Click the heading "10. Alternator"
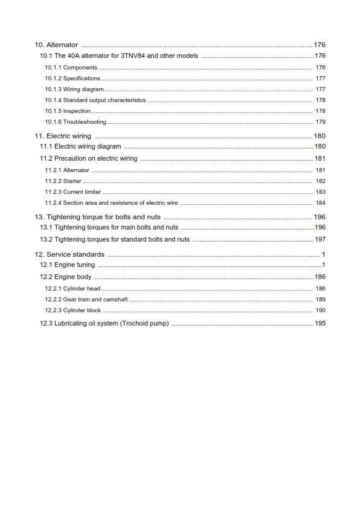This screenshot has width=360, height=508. tap(56, 45)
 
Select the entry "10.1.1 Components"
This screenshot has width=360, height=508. tap(71, 68)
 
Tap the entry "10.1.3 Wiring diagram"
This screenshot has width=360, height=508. tap(74, 89)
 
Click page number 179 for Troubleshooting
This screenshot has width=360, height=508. tap(320, 122)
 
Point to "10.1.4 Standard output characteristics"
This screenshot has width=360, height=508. tap(95, 100)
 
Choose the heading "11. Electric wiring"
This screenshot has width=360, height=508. tap(63, 137)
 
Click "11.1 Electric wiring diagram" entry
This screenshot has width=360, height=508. tap(80, 147)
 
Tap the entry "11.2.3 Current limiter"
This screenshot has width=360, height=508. tap(72, 192)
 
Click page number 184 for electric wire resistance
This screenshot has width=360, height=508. tap(320, 203)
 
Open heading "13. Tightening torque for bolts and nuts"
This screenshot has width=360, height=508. tap(97, 217)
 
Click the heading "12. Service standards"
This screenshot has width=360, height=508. tap(69, 255)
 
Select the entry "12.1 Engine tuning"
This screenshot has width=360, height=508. tap(67, 265)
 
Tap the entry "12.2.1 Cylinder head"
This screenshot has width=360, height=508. tap(72, 289)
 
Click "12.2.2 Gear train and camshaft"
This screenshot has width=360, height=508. tap(86, 300)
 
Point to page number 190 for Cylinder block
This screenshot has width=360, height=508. tap(320, 310)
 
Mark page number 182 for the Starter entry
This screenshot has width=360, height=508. tap(320, 181)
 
